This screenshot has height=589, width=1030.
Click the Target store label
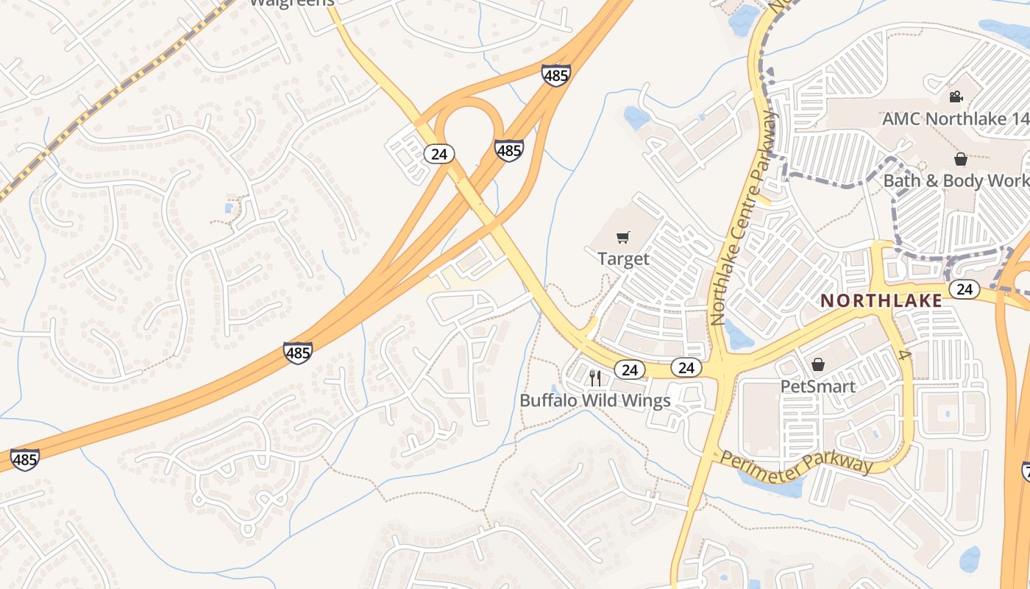coord(623,258)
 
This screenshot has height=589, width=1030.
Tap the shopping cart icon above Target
coord(623,237)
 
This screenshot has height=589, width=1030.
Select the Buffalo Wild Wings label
coord(595,401)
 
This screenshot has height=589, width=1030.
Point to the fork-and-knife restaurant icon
coord(595,378)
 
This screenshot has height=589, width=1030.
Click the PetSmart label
coord(817,387)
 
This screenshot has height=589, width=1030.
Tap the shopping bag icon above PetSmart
coord(817,364)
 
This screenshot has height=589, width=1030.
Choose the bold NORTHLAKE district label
coord(881,300)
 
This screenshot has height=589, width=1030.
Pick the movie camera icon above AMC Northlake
coord(956,96)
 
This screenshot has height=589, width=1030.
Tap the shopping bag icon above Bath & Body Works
coord(960,159)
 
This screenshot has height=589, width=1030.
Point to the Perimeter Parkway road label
coord(797,463)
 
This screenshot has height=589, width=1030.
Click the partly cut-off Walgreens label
coord(292,2)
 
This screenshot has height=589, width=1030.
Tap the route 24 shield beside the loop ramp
coord(439,154)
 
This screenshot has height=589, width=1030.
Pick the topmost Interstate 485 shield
coord(555,74)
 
